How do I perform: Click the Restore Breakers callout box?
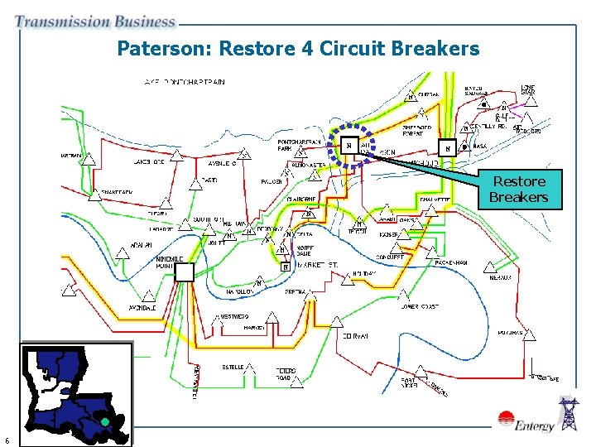click(518, 190)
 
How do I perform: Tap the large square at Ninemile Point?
click(184, 272)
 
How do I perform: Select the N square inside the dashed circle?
click(349, 147)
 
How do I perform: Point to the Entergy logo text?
click(534, 426)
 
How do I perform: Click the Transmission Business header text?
click(94, 22)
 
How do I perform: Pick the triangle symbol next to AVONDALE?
click(148, 296)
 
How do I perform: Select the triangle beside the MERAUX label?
click(490, 267)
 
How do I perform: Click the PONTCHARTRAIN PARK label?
click(299, 145)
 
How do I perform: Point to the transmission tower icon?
click(570, 414)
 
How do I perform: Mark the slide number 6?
click(7, 440)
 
